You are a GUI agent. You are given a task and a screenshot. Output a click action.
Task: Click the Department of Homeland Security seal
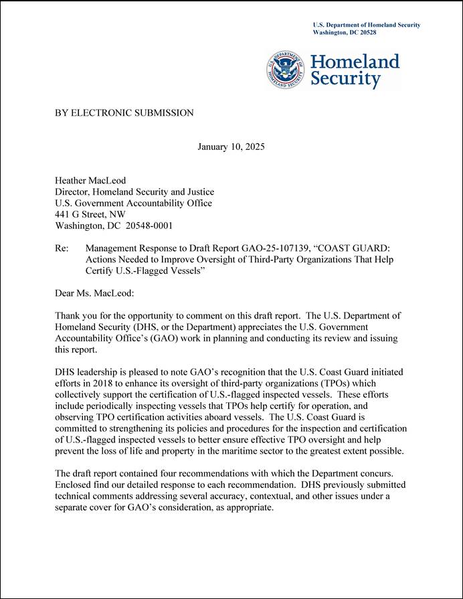point(286,70)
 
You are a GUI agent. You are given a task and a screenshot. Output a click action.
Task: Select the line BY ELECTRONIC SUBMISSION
point(124,113)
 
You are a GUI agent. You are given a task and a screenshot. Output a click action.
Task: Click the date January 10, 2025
point(231,147)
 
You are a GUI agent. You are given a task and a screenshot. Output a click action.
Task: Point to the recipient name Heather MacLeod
point(90,180)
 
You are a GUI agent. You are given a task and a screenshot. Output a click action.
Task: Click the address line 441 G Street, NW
point(90,214)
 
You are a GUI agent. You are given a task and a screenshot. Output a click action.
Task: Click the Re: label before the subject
point(62,248)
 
